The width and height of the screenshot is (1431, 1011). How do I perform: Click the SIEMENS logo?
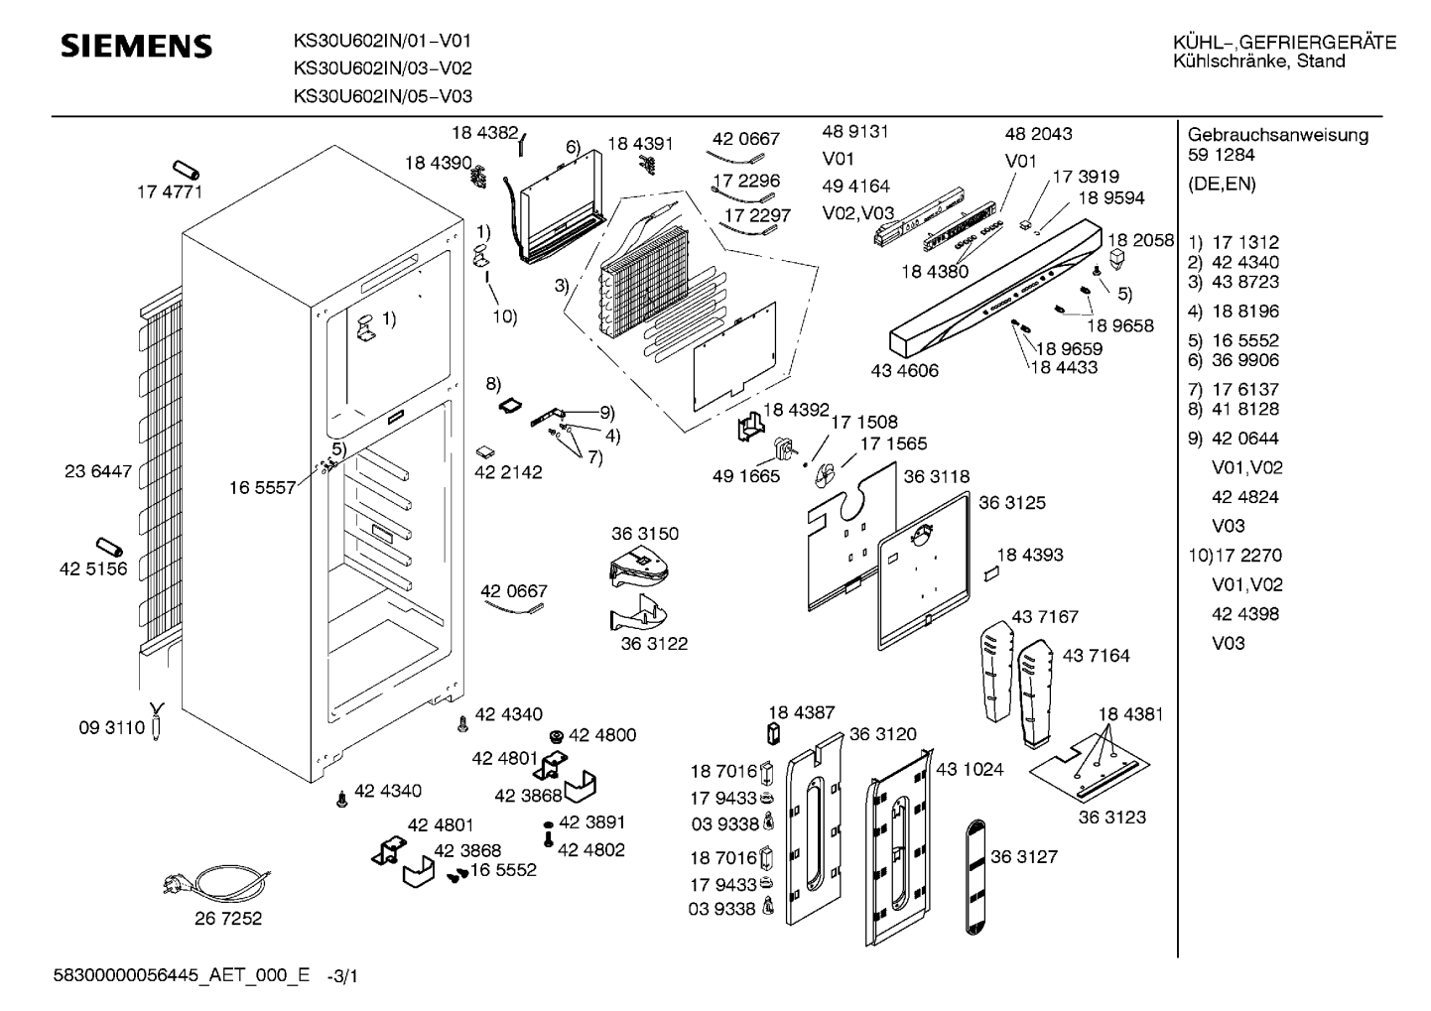136,47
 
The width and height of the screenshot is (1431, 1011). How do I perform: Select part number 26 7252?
228,919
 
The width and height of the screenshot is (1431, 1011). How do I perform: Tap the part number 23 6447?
97,471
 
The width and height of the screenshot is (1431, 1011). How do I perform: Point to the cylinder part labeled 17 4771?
186,170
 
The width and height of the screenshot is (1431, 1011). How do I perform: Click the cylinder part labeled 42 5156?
109,548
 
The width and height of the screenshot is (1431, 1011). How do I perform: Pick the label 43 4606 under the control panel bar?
905,370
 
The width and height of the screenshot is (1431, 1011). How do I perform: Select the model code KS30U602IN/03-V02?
383,68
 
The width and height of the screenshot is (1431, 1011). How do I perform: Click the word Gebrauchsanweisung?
1278,135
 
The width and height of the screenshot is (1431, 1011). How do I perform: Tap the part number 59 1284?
1222,155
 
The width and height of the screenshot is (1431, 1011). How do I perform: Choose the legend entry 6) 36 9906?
1233,360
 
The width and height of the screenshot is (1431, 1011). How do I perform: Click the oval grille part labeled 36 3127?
975,877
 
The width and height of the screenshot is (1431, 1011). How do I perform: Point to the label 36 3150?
645,534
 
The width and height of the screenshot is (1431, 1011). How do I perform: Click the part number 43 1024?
970,770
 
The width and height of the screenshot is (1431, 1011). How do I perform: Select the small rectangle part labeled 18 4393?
990,573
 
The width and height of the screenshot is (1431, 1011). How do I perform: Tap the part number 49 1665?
746,476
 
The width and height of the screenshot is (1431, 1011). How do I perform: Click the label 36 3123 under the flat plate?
1112,817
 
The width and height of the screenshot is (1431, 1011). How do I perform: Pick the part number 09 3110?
112,728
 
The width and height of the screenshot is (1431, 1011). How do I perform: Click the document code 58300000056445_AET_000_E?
182,976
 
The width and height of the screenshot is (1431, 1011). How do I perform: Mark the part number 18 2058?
1141,240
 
